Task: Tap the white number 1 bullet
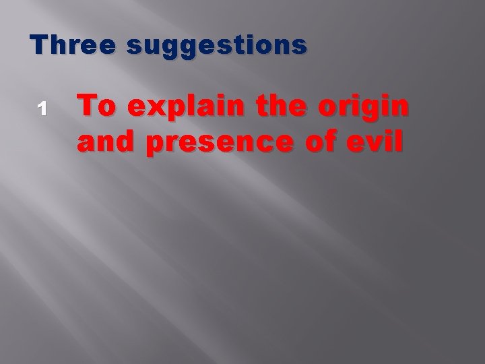pyautogui.click(x=41, y=107)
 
